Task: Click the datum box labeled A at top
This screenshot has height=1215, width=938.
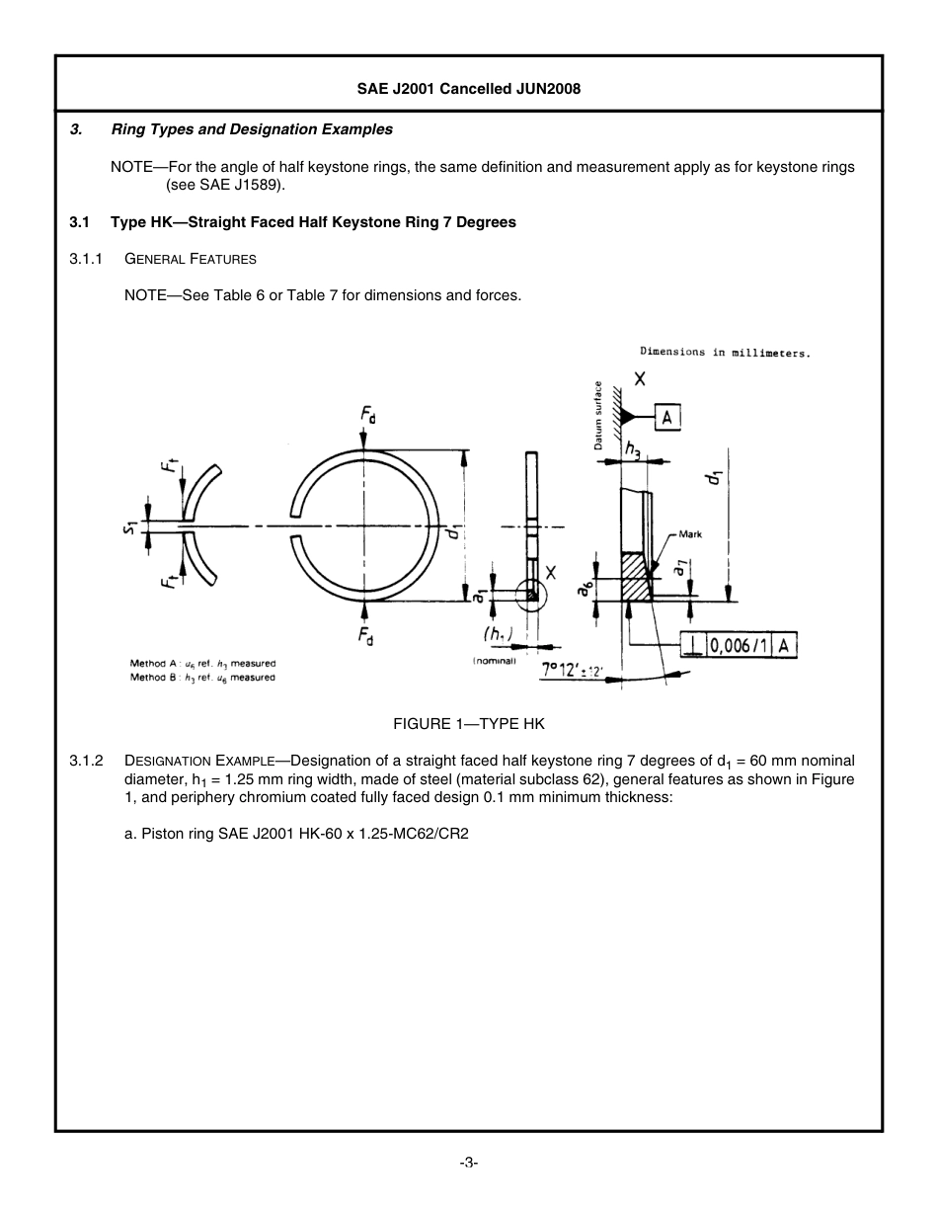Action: tap(667, 418)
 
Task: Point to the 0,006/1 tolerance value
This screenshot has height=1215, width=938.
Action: tap(740, 646)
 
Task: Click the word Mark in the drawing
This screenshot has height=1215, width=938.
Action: tap(690, 534)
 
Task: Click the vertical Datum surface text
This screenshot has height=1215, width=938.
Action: tap(598, 415)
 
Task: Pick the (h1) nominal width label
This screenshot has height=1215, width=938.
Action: tap(498, 633)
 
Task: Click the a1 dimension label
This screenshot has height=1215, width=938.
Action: tap(479, 595)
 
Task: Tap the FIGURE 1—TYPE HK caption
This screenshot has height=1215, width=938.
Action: tap(468, 723)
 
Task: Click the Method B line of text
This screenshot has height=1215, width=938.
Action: tap(202, 678)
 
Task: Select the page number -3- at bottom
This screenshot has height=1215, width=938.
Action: tap(469, 1163)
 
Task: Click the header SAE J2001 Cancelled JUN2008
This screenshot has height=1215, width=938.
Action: tap(468, 89)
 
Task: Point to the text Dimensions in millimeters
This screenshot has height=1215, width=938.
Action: tap(725, 352)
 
